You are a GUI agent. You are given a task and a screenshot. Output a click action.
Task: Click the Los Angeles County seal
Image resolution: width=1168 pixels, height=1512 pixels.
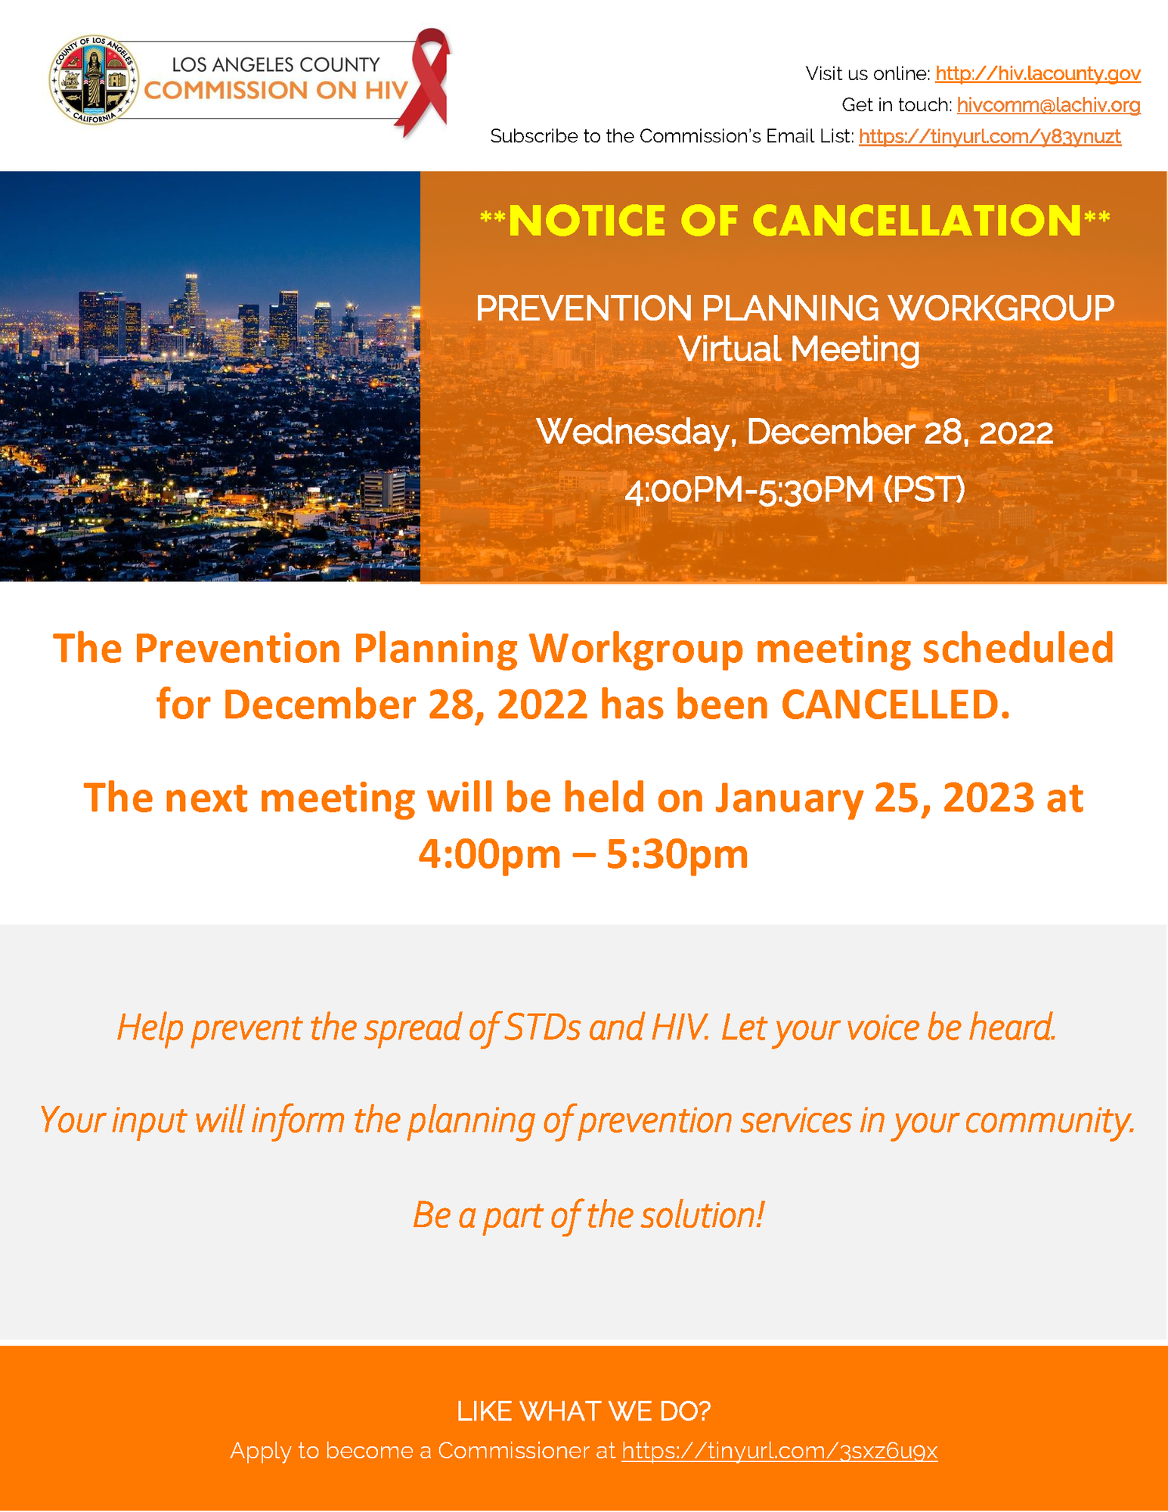click(94, 79)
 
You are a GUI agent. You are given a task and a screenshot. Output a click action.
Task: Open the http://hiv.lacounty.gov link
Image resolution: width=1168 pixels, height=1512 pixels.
click(1037, 73)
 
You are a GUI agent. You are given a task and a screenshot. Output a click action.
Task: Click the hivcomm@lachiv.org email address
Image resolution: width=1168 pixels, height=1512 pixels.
click(1048, 104)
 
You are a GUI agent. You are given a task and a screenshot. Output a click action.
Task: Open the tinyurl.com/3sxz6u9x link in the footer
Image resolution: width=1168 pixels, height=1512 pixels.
click(779, 1451)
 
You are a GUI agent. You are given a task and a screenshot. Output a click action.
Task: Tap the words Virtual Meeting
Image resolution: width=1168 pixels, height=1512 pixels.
click(798, 349)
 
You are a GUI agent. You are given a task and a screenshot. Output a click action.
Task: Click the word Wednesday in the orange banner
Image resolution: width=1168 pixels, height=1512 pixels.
click(635, 432)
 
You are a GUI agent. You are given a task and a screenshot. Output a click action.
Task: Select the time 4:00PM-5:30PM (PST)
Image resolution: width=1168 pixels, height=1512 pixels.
click(795, 489)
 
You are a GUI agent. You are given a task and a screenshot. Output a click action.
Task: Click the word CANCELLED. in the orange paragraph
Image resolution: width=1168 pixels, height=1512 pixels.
click(895, 705)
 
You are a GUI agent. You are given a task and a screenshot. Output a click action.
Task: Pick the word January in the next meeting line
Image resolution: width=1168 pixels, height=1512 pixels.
click(788, 798)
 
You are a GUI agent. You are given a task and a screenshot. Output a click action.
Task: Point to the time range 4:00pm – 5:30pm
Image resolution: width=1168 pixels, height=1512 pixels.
click(583, 854)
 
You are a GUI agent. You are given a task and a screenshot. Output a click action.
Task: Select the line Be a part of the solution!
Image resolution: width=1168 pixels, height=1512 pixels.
click(588, 1215)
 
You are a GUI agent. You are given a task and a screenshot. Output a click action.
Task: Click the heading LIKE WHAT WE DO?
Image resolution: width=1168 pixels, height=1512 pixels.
click(584, 1411)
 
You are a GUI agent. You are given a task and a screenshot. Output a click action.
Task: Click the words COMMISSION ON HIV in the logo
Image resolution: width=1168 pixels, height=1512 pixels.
click(276, 91)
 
